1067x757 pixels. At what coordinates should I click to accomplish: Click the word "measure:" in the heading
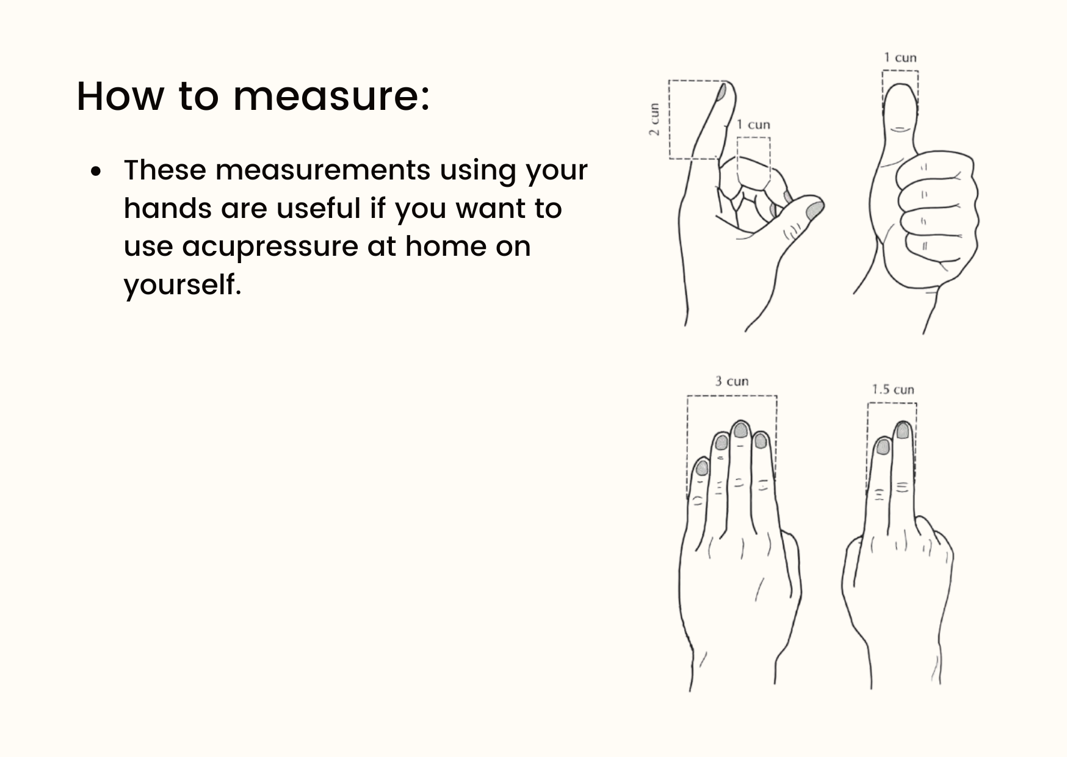(x=331, y=96)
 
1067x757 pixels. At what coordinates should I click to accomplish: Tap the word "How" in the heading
(x=120, y=96)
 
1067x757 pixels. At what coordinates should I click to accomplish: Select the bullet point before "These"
(x=95, y=172)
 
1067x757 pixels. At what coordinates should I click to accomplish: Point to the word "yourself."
(x=183, y=284)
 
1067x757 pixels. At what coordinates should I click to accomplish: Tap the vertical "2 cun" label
(x=654, y=120)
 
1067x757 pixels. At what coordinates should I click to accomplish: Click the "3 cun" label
(x=732, y=382)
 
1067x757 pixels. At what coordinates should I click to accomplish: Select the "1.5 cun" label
(x=892, y=389)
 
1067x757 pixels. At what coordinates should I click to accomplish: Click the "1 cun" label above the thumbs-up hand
(x=900, y=58)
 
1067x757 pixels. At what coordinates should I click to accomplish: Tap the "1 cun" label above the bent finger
(x=753, y=125)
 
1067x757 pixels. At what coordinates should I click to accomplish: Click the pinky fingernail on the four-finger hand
(x=702, y=468)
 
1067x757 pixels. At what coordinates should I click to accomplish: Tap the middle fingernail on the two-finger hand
(x=902, y=430)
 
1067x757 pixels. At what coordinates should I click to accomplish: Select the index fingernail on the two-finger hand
(x=883, y=447)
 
